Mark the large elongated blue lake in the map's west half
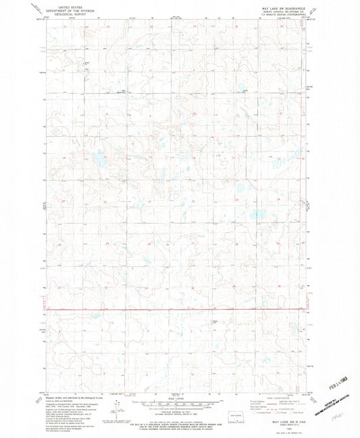pos(99,161)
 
